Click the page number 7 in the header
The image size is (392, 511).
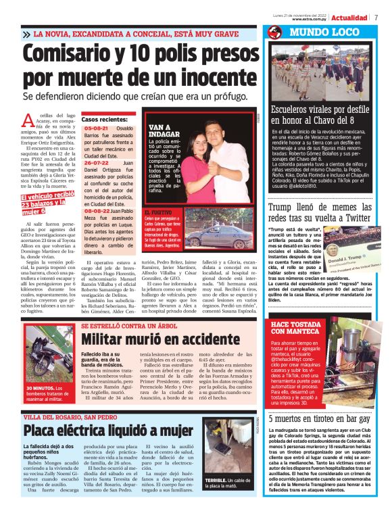375,17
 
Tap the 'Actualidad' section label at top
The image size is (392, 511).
349,17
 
